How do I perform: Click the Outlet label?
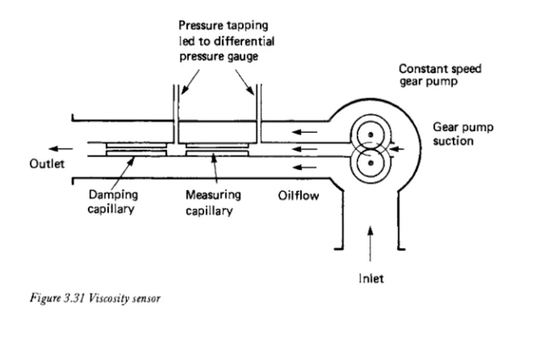pyautogui.click(x=47, y=163)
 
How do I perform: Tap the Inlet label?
pyautogui.click(x=371, y=279)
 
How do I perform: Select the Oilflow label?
pyautogui.click(x=299, y=195)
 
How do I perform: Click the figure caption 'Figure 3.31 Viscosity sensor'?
pyautogui.click(x=95, y=298)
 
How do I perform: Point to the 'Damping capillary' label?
pyautogui.click(x=113, y=202)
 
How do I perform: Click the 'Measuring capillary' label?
pyautogui.click(x=213, y=203)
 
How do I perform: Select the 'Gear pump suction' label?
pyautogui.click(x=463, y=134)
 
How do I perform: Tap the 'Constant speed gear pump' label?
pyautogui.click(x=440, y=75)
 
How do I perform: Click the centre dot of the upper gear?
pyautogui.click(x=370, y=135)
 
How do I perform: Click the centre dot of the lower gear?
pyautogui.click(x=370, y=163)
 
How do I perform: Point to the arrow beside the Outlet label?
pyautogui.click(x=61, y=149)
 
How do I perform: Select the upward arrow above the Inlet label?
pyautogui.click(x=370, y=244)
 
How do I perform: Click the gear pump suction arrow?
pyautogui.click(x=397, y=149)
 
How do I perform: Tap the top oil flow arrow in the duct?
pyautogui.click(x=305, y=132)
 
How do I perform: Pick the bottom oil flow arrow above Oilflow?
pyautogui.click(x=305, y=167)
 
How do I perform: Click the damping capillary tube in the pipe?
pyautogui.click(x=136, y=149)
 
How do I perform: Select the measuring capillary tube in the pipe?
pyautogui.click(x=217, y=149)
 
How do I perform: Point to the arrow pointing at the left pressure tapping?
pyautogui.click(x=190, y=82)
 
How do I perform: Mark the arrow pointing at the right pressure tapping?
pyautogui.click(x=245, y=82)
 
